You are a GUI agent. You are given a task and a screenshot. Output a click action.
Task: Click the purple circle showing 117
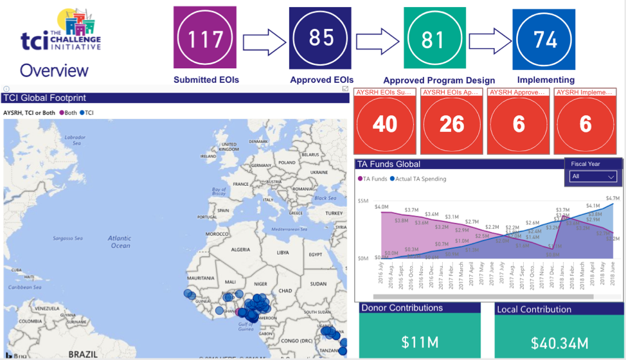point(206,39)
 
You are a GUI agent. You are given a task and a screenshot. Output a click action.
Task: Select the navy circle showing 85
point(321,38)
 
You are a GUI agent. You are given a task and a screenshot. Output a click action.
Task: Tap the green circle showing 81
point(433,39)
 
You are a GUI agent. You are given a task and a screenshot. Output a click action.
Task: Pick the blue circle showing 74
point(544,40)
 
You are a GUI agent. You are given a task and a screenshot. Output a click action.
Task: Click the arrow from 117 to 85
point(264,42)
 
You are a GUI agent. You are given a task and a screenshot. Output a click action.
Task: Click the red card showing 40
point(385,123)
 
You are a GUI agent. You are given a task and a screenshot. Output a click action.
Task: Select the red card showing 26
point(452,123)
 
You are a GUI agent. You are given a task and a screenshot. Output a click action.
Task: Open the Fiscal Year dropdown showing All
point(593,176)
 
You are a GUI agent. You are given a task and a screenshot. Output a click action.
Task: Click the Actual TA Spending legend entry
point(420,179)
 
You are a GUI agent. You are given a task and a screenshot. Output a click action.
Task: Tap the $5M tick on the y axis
point(363,201)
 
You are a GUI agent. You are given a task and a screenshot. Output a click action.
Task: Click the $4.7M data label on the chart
point(613,199)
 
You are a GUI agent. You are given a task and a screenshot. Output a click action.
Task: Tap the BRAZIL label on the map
point(82,354)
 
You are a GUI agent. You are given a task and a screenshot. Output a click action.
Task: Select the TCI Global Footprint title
point(45,98)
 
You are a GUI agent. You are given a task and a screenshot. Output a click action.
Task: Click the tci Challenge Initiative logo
point(61,32)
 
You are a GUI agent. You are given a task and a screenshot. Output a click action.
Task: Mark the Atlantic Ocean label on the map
point(120,242)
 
